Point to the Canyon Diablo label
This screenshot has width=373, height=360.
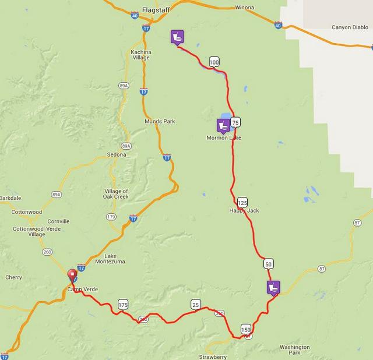tap(350, 27)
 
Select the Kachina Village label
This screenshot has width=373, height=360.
tap(140, 55)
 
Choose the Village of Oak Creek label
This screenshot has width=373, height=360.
tap(116, 195)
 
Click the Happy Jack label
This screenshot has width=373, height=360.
tap(244, 210)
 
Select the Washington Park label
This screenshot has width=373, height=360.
tap(294, 350)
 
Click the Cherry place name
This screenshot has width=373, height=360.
tap(14, 277)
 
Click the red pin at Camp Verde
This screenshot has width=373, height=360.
tap(72, 275)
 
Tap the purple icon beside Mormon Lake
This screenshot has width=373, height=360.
tap(223, 125)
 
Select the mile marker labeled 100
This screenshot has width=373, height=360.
tap(214, 62)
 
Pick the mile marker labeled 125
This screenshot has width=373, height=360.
tap(243, 202)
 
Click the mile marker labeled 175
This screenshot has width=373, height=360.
tap(122, 305)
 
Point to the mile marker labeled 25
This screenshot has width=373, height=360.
tap(195, 305)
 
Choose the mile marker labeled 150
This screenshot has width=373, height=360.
tap(245, 329)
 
